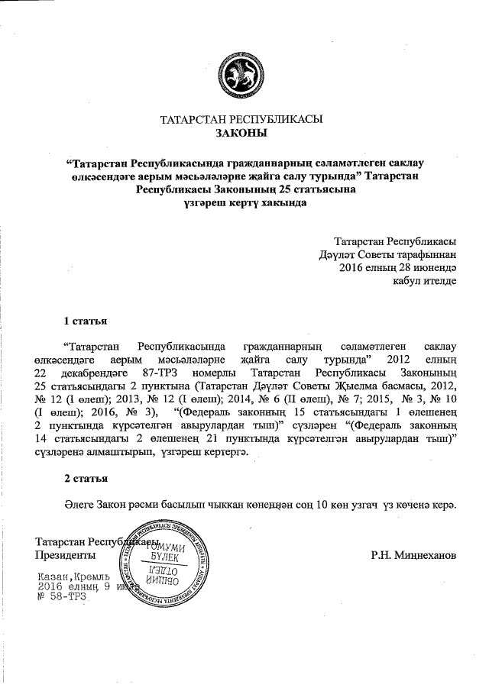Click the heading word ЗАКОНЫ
pyautogui.click(x=241, y=134)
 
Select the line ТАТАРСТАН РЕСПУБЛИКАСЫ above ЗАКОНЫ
pyautogui.click(x=241, y=120)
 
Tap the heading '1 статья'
pyautogui.click(x=84, y=319)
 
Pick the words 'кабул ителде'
pyautogui.click(x=425, y=282)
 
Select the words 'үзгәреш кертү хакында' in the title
pyautogui.click(x=241, y=204)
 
